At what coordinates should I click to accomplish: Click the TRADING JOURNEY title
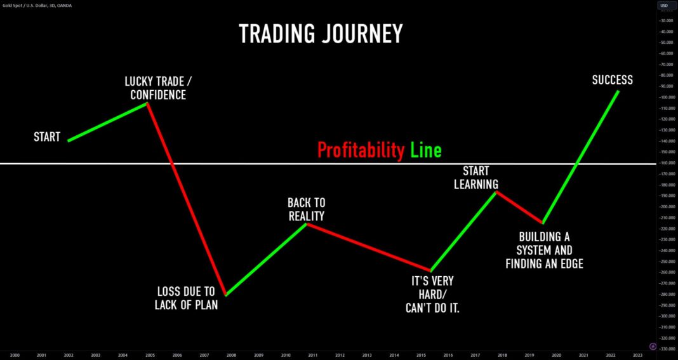(321, 34)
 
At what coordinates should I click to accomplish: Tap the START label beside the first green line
(47, 137)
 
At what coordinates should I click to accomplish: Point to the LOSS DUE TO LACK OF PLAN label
(185, 298)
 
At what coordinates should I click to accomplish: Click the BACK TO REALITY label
(306, 210)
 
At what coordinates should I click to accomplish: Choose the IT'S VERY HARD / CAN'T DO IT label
(432, 295)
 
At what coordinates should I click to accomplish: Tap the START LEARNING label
(480, 178)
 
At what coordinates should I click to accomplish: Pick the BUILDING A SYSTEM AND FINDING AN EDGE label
(544, 250)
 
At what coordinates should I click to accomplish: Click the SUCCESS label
(612, 80)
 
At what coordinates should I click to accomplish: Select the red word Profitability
(361, 150)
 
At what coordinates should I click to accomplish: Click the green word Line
(425, 150)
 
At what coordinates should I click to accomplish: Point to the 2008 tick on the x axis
(231, 354)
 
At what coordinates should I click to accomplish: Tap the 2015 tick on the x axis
(421, 354)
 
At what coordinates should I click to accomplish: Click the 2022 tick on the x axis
(611, 354)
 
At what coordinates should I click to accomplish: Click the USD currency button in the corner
(664, 5)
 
